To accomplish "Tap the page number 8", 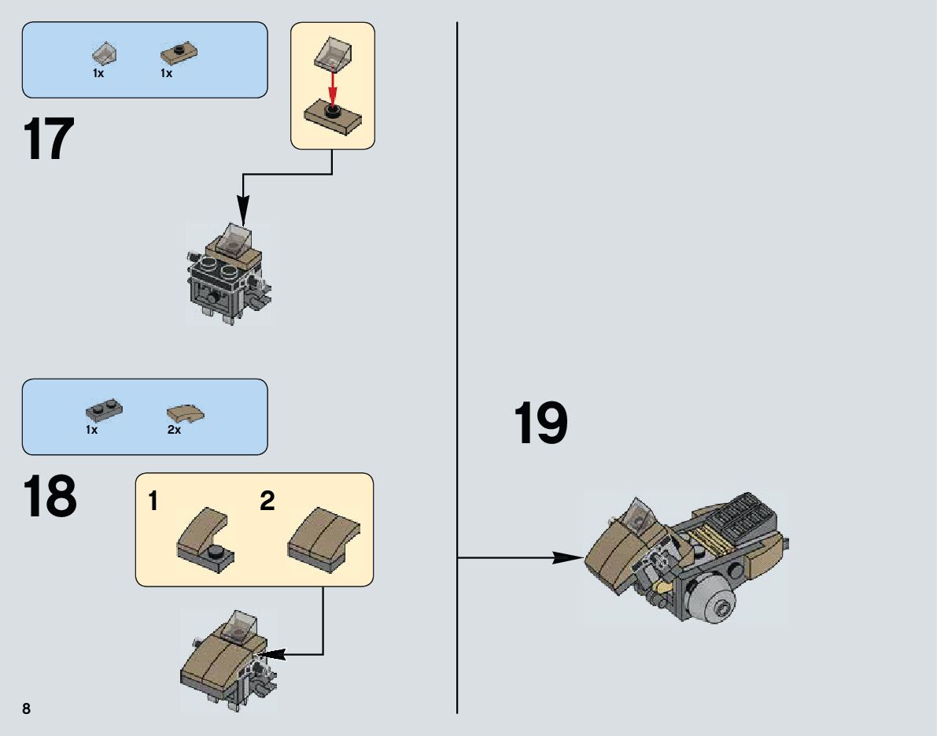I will click(26, 708).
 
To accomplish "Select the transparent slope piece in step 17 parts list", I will click(105, 54).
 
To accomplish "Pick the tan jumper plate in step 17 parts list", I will click(179, 53).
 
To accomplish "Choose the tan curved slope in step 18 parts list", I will click(186, 412).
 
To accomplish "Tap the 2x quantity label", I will click(174, 431).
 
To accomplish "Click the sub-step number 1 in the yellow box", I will click(153, 501).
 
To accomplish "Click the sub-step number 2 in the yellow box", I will click(267, 501).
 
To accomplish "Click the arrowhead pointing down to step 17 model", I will click(242, 213).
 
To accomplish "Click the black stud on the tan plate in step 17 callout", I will click(332, 110).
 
